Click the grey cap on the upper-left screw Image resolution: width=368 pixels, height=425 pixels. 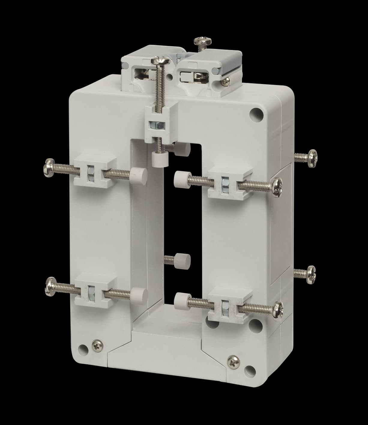point(139,174)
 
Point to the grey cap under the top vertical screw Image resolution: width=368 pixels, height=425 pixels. point(158,158)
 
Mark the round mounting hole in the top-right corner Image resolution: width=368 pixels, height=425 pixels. point(257,115)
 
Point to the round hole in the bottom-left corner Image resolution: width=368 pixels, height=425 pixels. point(81,349)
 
